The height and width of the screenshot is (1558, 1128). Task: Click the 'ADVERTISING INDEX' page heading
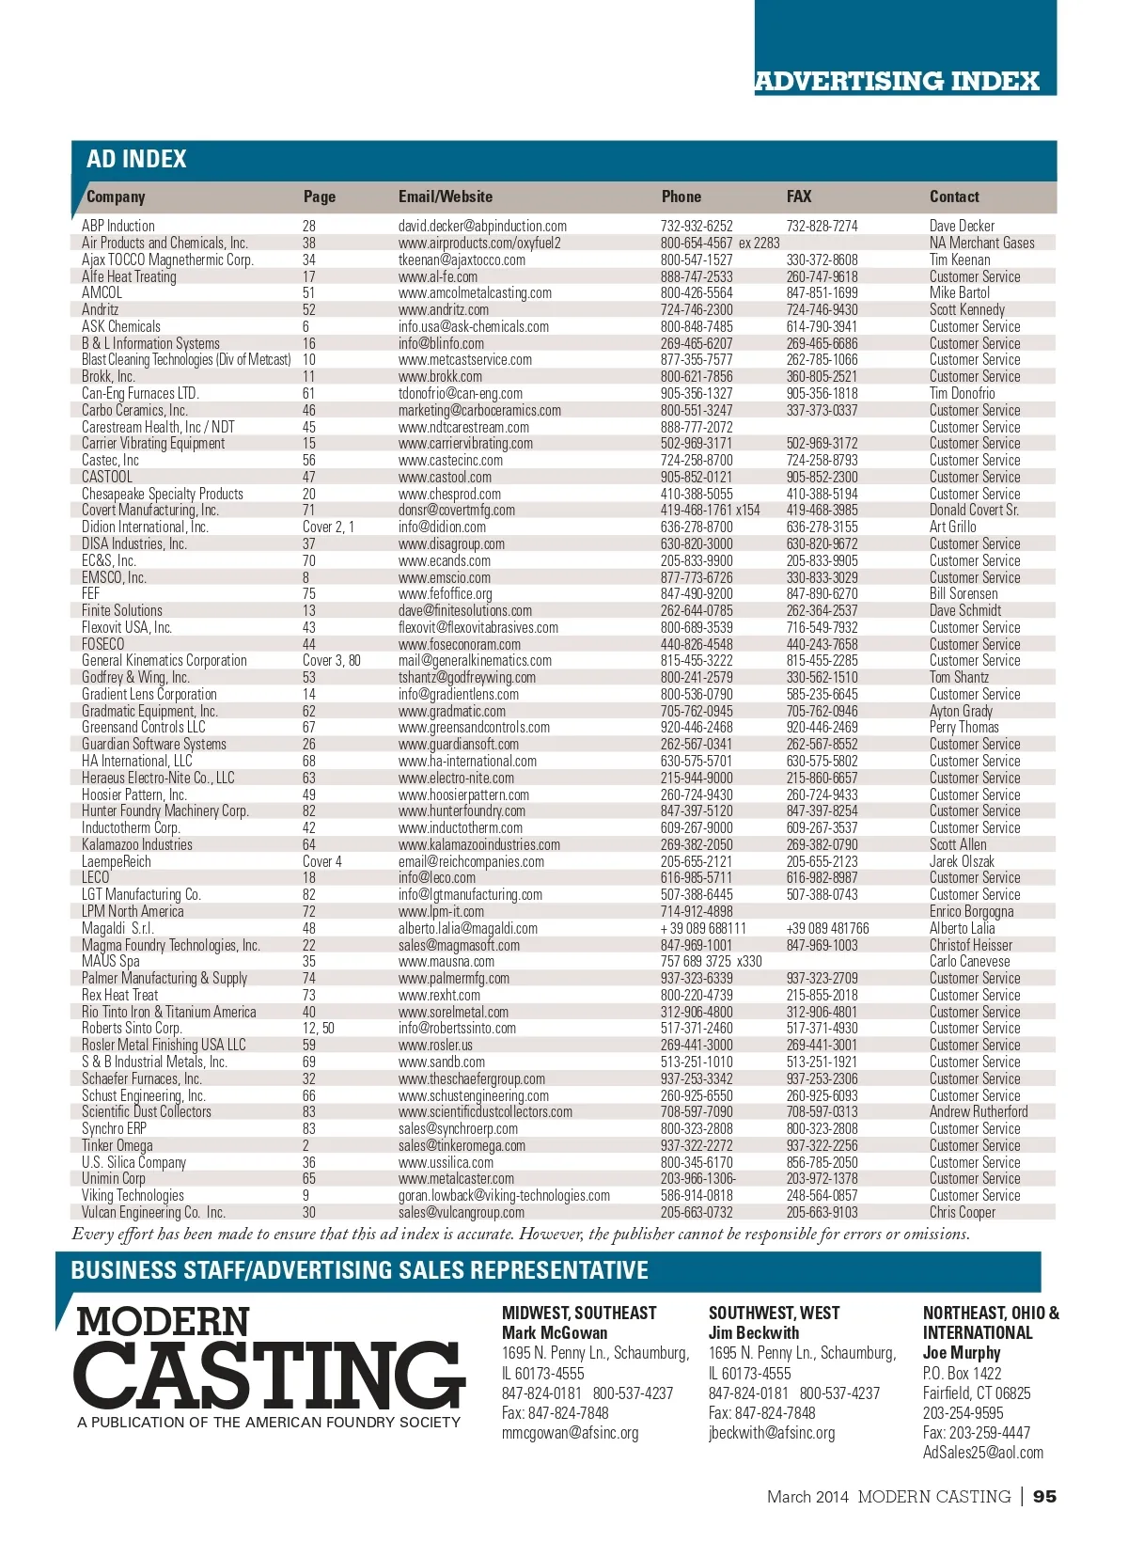point(897,81)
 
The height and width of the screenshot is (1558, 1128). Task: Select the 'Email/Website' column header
point(445,197)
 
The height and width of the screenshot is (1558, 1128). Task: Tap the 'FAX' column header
point(798,197)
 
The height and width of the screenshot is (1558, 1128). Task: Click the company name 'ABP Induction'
point(117,226)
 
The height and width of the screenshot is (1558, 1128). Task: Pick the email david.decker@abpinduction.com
point(482,226)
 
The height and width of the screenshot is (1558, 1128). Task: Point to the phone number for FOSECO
point(696,644)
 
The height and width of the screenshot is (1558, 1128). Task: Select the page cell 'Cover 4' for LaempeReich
point(321,861)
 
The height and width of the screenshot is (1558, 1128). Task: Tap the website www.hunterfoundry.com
point(462,810)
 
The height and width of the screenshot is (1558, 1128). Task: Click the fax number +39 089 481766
point(827,928)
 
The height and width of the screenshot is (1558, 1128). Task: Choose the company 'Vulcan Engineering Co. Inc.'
point(153,1212)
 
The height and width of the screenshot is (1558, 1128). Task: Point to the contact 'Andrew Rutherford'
point(978,1111)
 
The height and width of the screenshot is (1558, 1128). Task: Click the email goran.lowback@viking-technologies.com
point(504,1195)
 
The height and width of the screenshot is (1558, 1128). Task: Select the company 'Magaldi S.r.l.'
point(117,928)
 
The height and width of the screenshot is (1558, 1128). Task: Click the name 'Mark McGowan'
point(554,1332)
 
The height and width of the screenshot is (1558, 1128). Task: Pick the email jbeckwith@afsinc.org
point(771,1432)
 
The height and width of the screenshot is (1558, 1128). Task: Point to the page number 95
point(1044,1496)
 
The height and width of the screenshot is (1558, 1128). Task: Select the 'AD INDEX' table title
point(136,159)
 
